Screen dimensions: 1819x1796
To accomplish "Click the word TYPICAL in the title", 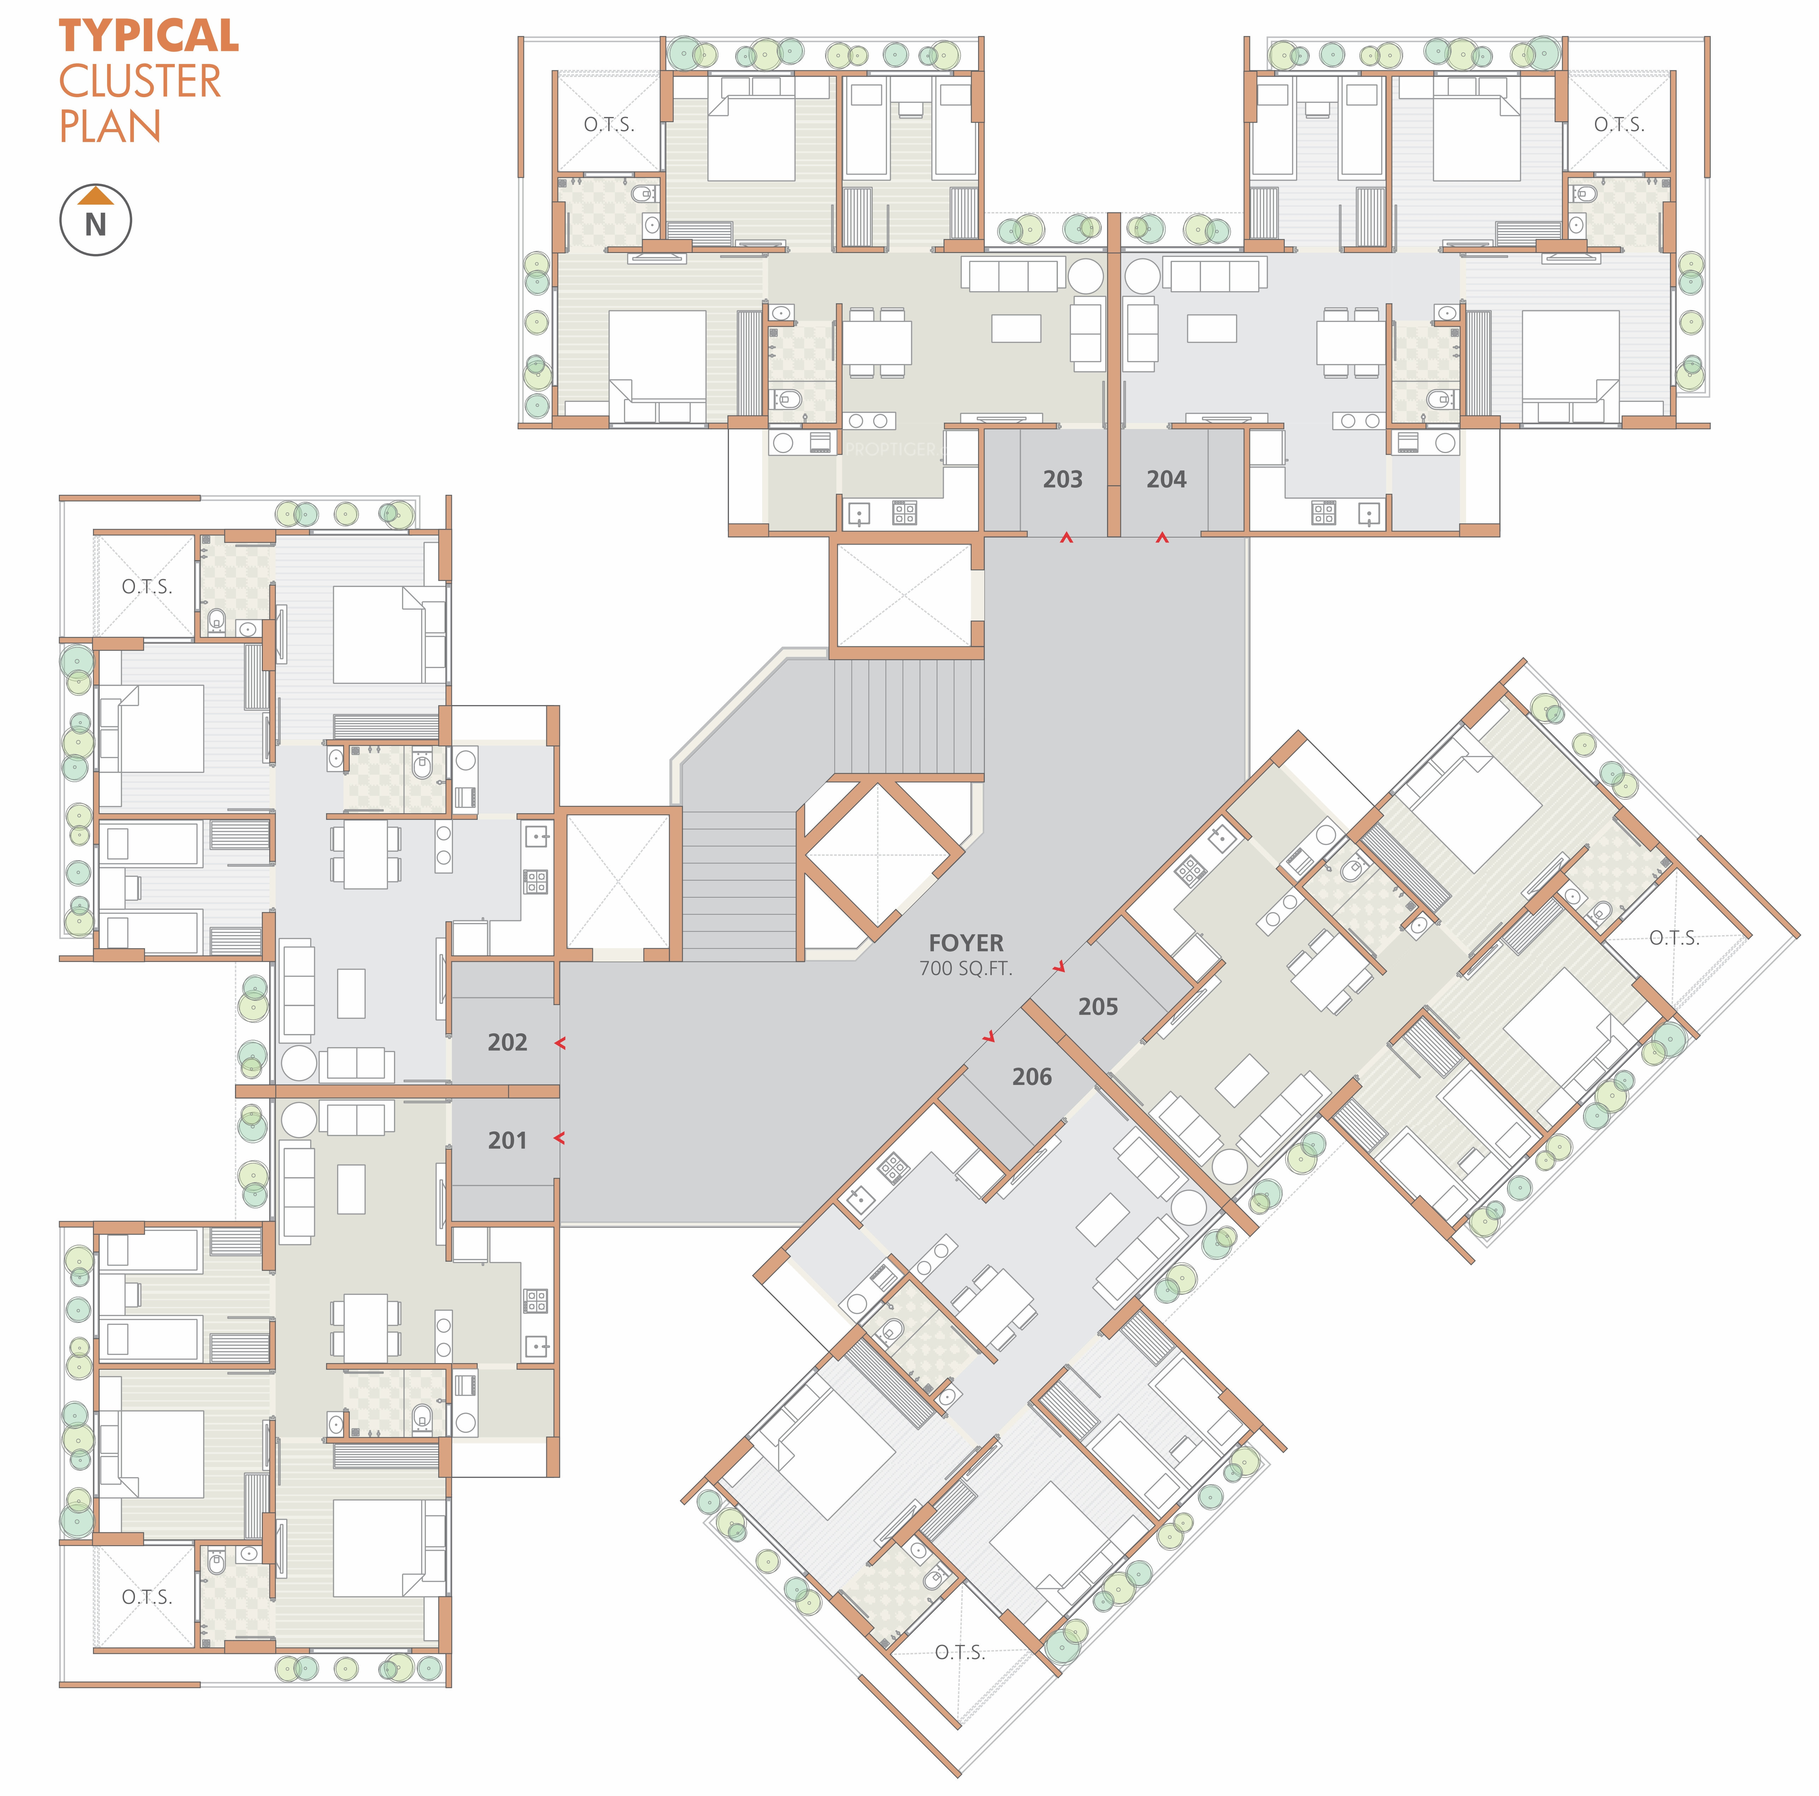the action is point(149,37).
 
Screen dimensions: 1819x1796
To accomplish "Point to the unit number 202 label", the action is point(507,1041).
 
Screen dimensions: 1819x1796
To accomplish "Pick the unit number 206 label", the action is point(1032,1076).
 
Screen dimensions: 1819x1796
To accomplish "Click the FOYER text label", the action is point(966,943).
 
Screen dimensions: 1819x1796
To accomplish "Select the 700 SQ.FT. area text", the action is point(966,968).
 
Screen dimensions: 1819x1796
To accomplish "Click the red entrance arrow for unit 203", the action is point(1066,538).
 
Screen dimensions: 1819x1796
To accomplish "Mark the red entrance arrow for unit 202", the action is point(560,1043).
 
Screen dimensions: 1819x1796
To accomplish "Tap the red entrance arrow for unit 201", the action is point(560,1139).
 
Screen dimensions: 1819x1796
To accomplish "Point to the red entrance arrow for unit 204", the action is point(1162,538).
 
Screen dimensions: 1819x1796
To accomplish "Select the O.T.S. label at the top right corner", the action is point(1618,124).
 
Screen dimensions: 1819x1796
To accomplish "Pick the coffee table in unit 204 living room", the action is point(1212,328).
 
